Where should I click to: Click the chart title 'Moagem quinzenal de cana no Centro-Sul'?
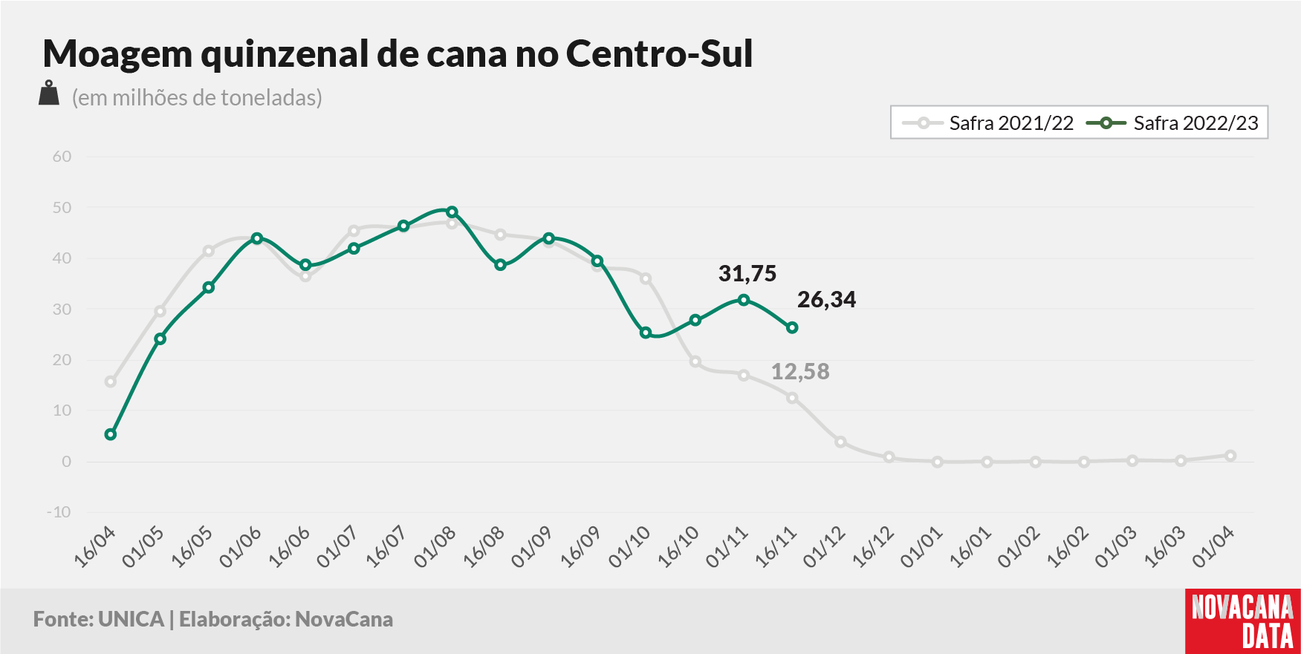398,53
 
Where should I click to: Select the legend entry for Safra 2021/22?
987,123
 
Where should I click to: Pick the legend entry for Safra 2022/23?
1172,123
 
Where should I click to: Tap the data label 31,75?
747,274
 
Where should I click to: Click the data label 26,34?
826,300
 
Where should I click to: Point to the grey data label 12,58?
800,371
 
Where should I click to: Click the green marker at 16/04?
111,434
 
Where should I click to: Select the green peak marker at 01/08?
452,212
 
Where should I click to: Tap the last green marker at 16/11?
792,327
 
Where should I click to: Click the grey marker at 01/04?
1230,456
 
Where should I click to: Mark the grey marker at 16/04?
111,382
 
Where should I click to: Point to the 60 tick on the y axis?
62,157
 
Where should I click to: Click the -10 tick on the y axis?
59,512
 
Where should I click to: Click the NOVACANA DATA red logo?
1243,621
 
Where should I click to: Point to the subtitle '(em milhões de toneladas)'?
197,97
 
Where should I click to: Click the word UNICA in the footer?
131,619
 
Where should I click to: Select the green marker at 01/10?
646,333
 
